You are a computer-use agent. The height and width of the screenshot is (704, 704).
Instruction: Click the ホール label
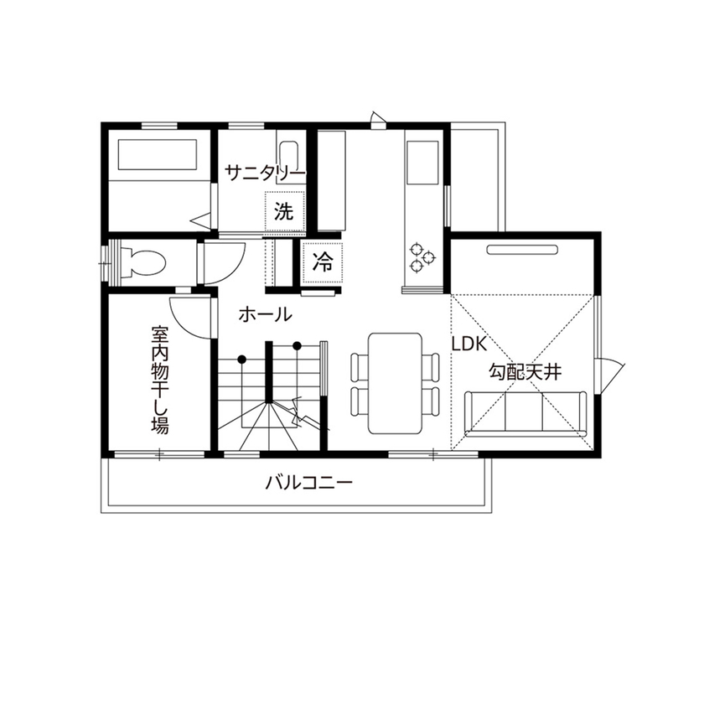click(265, 315)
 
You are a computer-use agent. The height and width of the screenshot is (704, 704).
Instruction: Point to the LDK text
click(470, 343)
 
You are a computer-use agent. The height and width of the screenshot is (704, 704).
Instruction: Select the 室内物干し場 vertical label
click(160, 380)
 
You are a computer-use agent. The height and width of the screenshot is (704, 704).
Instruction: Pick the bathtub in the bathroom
click(157, 156)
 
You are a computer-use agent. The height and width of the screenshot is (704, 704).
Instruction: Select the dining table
click(396, 383)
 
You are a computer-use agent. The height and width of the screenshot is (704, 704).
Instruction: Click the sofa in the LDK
click(525, 412)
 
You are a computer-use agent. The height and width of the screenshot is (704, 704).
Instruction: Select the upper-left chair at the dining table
click(358, 367)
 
